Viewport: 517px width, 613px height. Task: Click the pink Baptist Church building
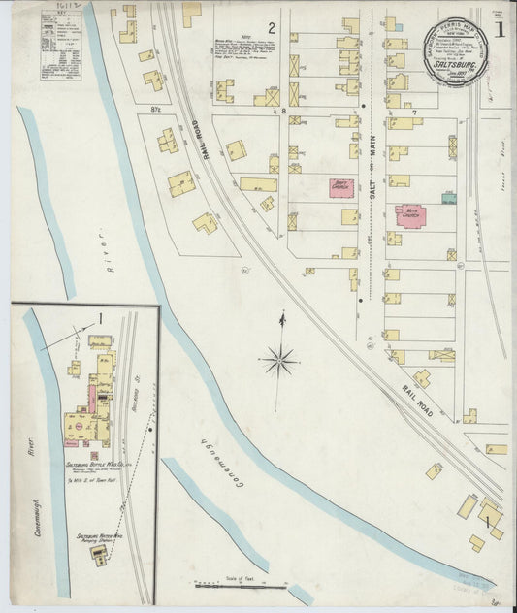pos(341,186)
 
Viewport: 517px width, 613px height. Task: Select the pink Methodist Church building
pos(410,214)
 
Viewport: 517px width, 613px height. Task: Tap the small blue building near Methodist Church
pos(448,198)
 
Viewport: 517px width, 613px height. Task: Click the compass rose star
pos(280,361)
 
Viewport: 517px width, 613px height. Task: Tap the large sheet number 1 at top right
pos(499,29)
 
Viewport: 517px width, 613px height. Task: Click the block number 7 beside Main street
pos(413,113)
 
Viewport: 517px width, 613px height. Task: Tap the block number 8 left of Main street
pos(284,113)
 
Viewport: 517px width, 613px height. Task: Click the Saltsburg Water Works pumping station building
pos(99,552)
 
